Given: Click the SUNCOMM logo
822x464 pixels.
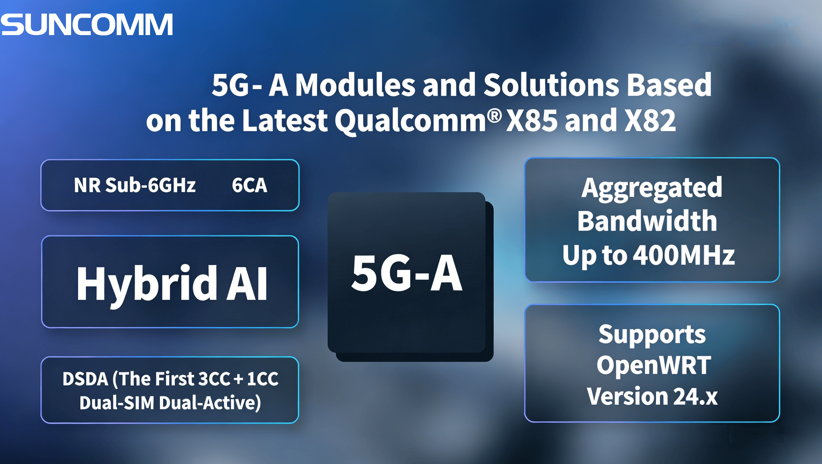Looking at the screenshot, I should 87,24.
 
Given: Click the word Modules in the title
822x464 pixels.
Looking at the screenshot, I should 355,85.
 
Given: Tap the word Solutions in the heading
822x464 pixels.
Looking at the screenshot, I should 551,85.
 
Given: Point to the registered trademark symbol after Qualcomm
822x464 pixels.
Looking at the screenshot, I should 495,116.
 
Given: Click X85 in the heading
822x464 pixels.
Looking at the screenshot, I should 532,121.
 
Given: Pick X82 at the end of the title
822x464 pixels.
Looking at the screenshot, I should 650,121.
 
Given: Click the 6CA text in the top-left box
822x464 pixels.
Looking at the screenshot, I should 249,185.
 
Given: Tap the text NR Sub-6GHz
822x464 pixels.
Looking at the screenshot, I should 134,185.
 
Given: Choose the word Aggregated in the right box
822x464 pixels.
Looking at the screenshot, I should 652,188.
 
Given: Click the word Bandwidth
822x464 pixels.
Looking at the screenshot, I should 647,221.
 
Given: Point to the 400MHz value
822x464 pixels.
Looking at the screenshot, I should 683,255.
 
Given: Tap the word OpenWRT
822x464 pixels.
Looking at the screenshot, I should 653,365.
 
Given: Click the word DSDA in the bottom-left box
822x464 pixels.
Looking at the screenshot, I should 85,379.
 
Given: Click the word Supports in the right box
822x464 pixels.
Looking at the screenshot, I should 652,335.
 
